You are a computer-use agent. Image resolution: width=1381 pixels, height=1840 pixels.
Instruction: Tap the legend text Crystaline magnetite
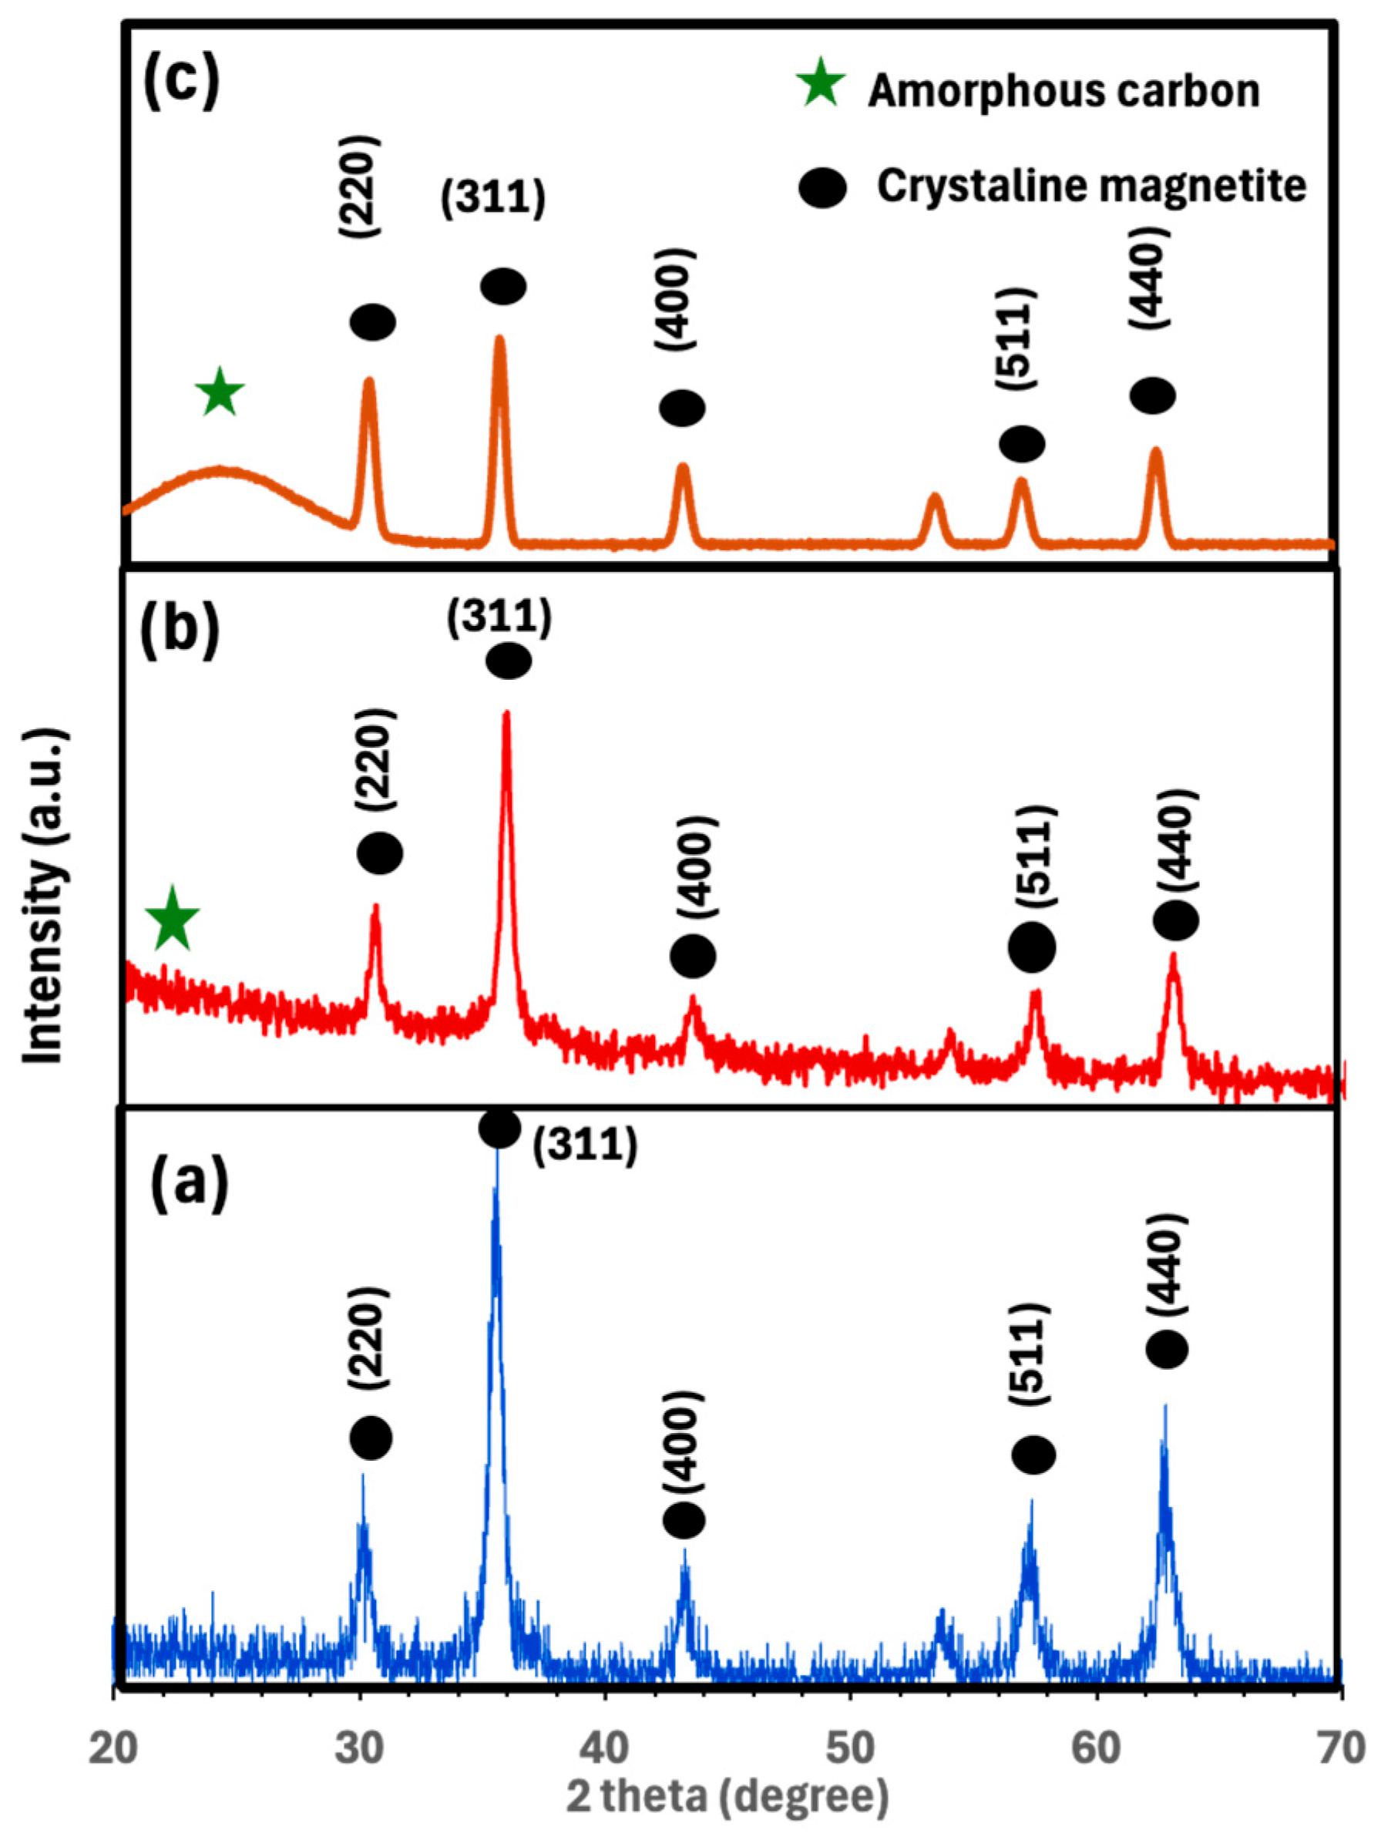[1090, 187]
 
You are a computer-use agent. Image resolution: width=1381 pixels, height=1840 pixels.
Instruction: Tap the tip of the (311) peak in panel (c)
[499, 338]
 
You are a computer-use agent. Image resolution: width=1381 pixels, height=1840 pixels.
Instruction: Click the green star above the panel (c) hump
[220, 392]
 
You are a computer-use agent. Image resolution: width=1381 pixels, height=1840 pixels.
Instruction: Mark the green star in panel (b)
[173, 918]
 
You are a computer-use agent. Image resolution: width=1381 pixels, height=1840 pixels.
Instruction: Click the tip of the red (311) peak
[506, 714]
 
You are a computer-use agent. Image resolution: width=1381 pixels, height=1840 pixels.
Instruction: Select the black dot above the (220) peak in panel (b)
[380, 853]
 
